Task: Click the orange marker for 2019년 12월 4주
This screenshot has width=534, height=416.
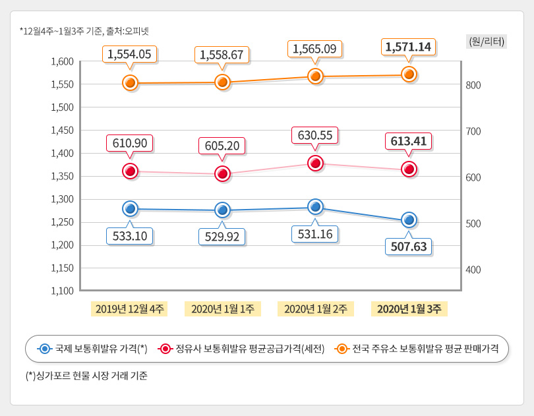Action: point(131,82)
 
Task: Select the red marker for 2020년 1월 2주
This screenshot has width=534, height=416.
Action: point(316,163)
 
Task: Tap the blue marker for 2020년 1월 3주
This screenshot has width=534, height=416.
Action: point(409,220)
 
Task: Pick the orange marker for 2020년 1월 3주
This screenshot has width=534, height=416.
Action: point(409,74)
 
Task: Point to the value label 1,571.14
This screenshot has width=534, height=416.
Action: point(408,47)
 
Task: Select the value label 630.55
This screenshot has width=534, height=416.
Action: point(315,136)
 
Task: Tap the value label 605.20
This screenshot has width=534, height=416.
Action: point(222,146)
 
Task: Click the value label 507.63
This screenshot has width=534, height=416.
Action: point(408,247)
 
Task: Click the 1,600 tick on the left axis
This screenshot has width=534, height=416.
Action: point(62,61)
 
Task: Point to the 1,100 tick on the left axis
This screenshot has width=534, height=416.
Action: point(62,291)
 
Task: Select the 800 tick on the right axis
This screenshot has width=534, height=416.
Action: point(474,85)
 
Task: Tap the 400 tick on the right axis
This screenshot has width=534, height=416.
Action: point(474,270)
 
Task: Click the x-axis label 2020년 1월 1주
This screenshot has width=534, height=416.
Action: point(223,309)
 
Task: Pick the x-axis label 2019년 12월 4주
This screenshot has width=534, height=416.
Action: point(130,309)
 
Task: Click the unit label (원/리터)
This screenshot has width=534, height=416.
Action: point(487,42)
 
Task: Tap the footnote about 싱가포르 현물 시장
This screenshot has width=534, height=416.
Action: point(86,376)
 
